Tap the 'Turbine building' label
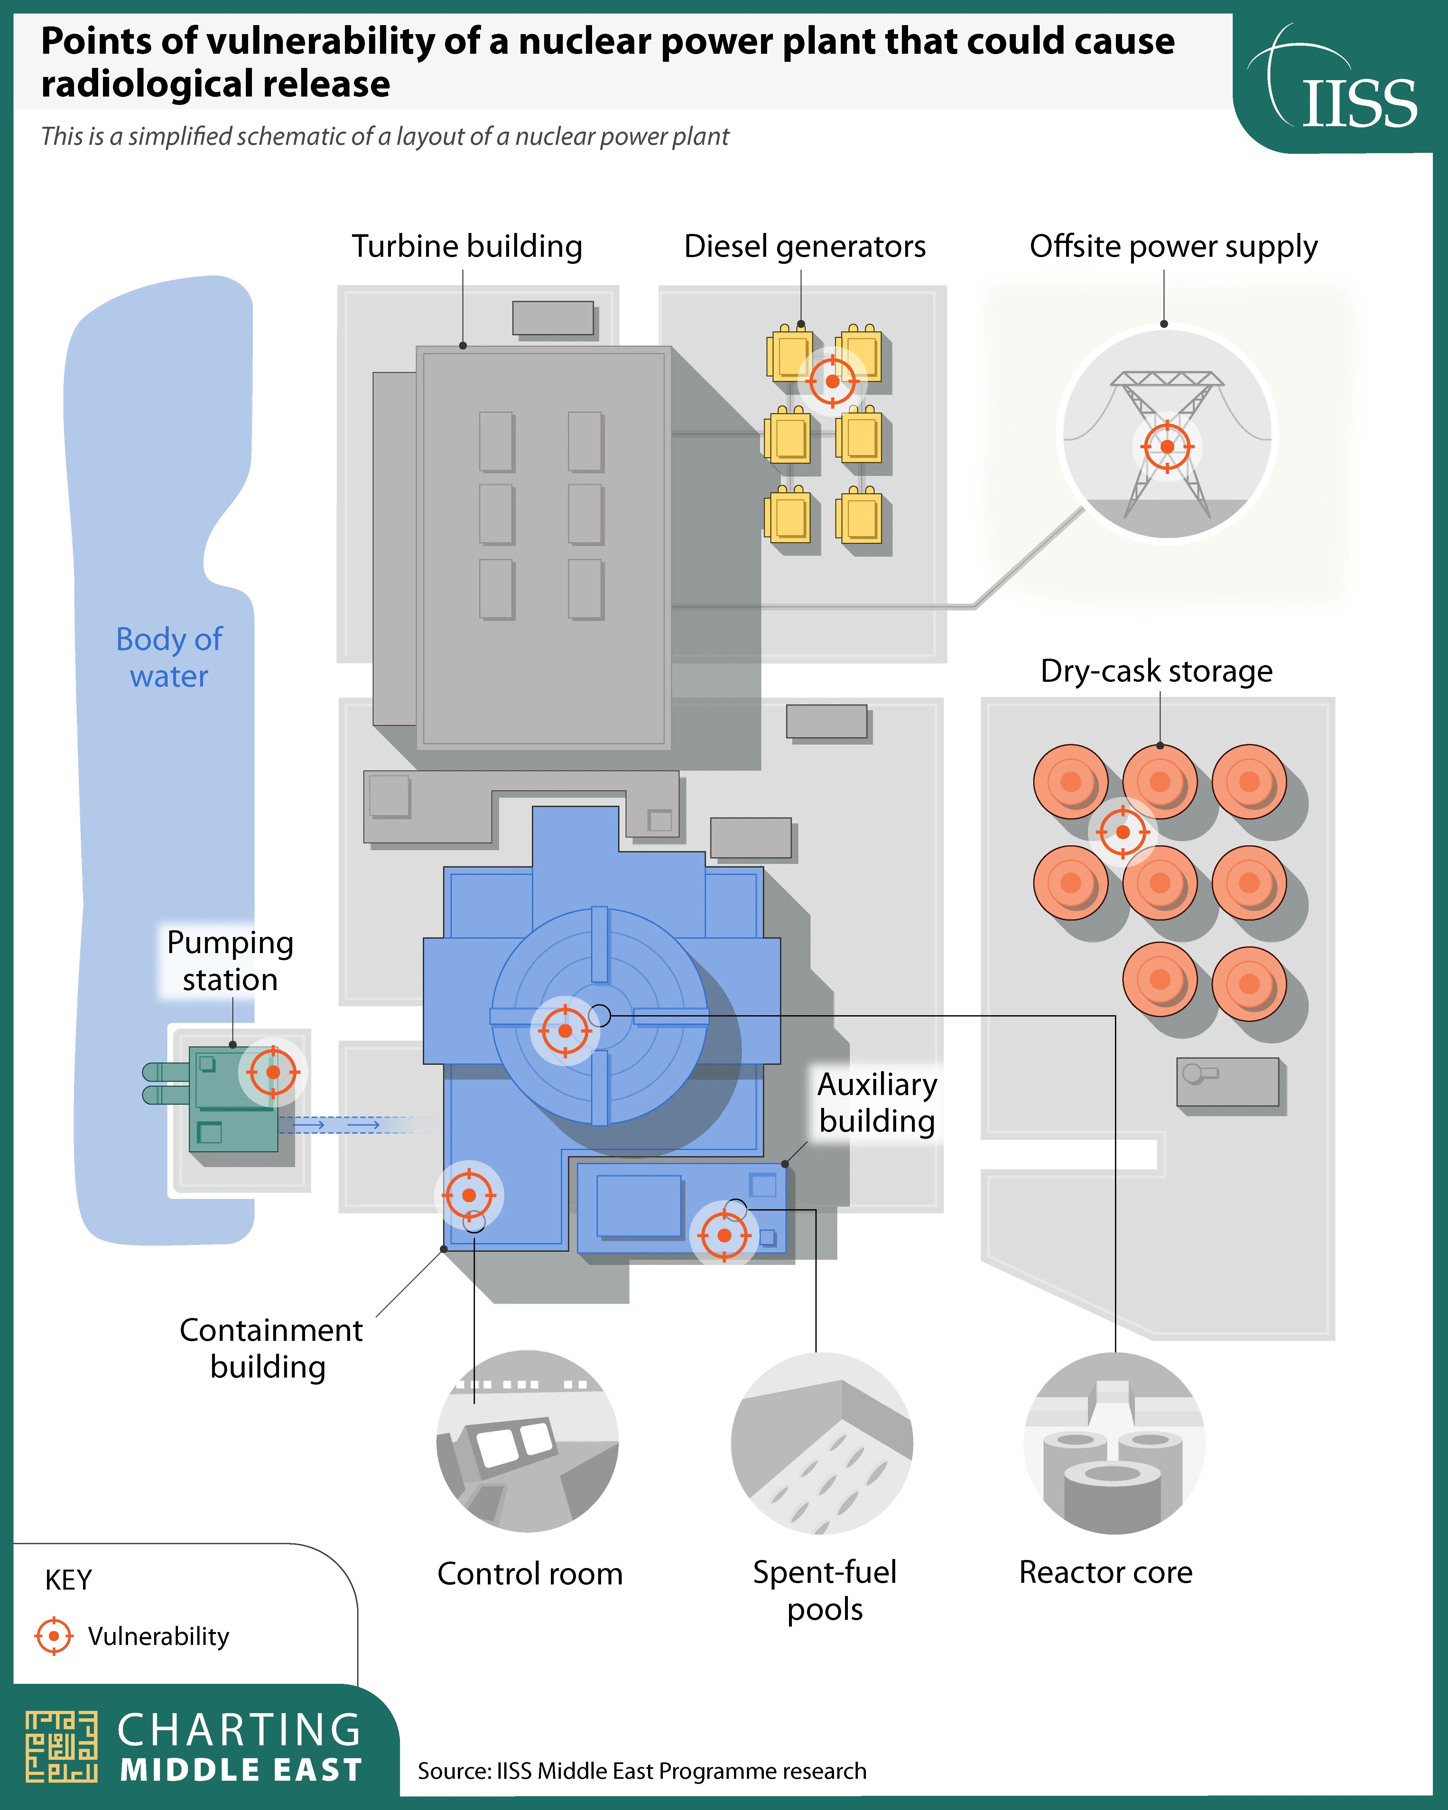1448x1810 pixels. tap(467, 246)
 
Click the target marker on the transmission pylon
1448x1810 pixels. tap(1167, 447)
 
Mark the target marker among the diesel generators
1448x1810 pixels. tap(832, 381)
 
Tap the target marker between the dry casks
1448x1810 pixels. tap(1122, 832)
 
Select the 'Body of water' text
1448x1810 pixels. tap(169, 657)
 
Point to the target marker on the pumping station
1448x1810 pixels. tap(273, 1072)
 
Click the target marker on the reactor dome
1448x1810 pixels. tap(565, 1030)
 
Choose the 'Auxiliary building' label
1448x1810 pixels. tap(877, 1102)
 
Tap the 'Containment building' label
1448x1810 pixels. tap(270, 1348)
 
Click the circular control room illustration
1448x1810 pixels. tap(528, 1442)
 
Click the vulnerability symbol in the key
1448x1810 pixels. tap(54, 1635)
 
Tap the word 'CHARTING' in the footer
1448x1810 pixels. tap(239, 1730)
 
